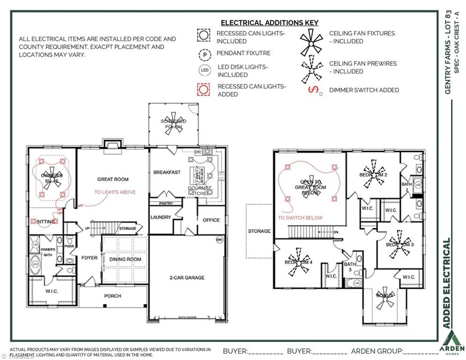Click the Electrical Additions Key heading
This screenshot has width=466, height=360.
pos(269,22)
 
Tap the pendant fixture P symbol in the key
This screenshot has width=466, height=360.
pos(204,54)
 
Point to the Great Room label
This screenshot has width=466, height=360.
pos(112,179)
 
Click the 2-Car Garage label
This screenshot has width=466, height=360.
pos(187,277)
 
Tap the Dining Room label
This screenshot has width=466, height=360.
pos(125,259)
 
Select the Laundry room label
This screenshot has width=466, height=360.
pos(161,217)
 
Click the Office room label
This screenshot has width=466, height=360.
pos(211,220)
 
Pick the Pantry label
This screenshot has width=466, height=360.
pos(166,203)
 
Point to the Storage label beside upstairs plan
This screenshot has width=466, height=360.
pos(259,231)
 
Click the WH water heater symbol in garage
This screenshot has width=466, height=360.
pos(219,240)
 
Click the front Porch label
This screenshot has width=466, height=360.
pos(112,296)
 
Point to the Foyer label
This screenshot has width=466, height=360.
pos(89,258)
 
